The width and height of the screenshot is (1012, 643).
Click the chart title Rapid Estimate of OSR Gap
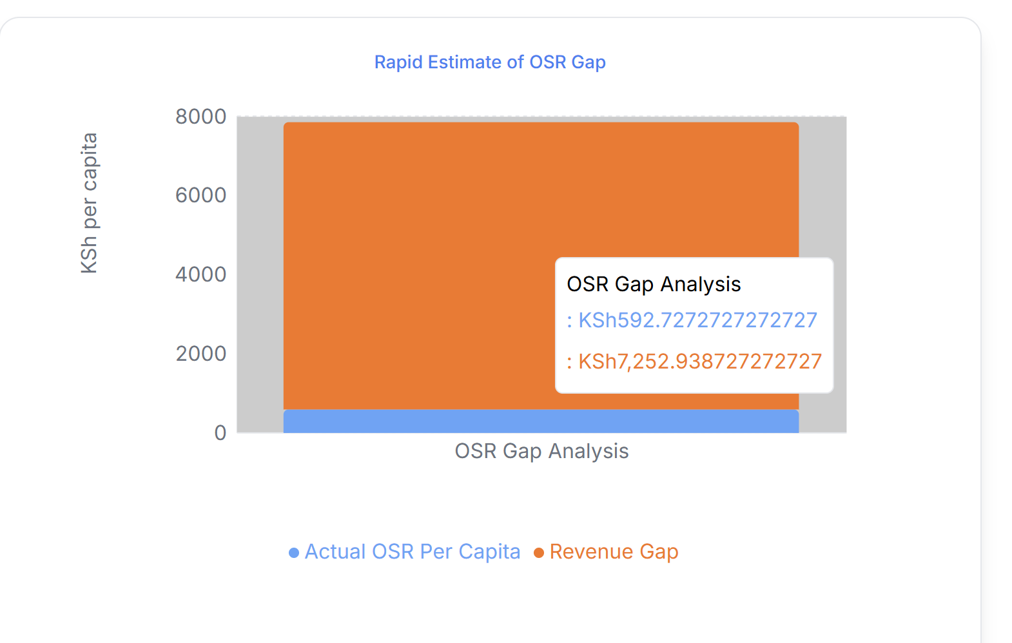tap(490, 62)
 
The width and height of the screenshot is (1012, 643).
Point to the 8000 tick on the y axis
tap(200, 117)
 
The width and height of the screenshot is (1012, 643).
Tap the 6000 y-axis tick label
tap(200, 195)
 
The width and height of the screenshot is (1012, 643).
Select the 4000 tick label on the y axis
tap(200, 274)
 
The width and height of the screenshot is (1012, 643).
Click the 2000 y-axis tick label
tap(200, 354)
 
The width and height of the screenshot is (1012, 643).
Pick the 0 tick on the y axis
tap(220, 433)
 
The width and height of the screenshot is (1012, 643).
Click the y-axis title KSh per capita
tap(89, 203)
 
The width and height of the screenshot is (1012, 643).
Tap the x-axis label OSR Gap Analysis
tap(541, 451)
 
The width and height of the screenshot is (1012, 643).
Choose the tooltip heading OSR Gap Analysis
tap(654, 284)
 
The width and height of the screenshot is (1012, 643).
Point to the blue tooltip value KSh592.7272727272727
tap(697, 320)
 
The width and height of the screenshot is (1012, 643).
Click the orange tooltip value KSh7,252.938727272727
tap(699, 361)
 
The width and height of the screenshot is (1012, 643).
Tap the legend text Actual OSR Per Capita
tap(412, 552)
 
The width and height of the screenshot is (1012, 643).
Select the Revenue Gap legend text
tap(614, 552)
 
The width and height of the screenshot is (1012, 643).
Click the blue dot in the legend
tap(294, 553)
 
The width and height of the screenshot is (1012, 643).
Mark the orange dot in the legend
tap(539, 553)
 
